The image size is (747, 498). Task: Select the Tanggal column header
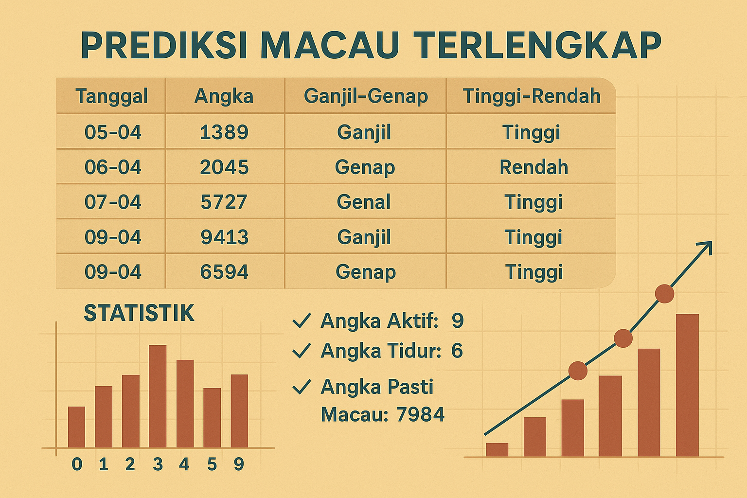[111, 96]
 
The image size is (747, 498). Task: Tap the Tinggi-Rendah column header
[532, 96]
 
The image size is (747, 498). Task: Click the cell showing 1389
[224, 132]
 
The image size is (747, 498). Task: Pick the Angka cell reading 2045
[224, 167]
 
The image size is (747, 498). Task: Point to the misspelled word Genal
[364, 202]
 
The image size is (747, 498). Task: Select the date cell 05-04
[113, 132]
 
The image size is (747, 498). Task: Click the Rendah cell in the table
[534, 167]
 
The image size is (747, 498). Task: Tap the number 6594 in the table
[224, 272]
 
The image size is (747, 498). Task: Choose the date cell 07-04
[113, 202]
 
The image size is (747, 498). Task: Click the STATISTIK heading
[139, 313]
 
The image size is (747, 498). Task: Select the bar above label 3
[158, 396]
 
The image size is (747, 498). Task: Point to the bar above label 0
[76, 427]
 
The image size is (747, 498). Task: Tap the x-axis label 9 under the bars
[238, 464]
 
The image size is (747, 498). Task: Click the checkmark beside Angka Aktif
[302, 321]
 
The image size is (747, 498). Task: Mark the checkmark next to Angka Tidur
[302, 351]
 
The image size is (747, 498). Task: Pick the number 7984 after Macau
[420, 414]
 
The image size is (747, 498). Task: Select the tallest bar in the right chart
[687, 385]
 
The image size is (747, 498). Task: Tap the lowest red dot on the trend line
[578, 371]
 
